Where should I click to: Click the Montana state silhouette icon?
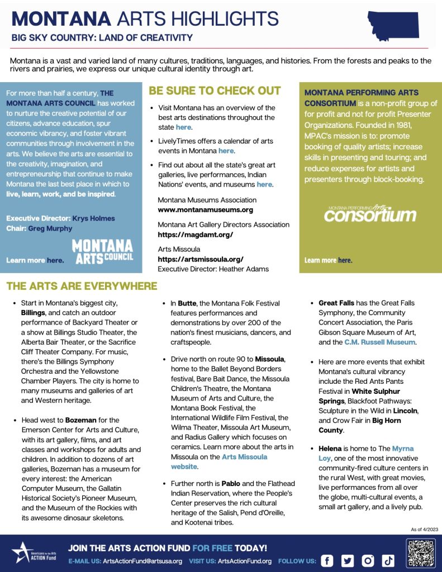[x=393, y=26]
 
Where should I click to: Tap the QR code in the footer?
[x=420, y=553]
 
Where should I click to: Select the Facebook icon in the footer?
[x=327, y=561]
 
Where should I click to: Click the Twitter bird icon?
[x=348, y=561]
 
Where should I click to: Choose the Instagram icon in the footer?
[x=368, y=561]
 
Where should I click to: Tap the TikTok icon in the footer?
[x=389, y=561]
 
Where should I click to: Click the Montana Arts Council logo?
[x=102, y=251]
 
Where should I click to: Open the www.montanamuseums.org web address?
[x=205, y=210]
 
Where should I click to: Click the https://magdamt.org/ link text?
[x=195, y=235]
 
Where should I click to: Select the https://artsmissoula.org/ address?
[x=201, y=259]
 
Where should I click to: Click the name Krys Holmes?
[x=92, y=218]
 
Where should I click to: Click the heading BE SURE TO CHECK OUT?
[x=215, y=90]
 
